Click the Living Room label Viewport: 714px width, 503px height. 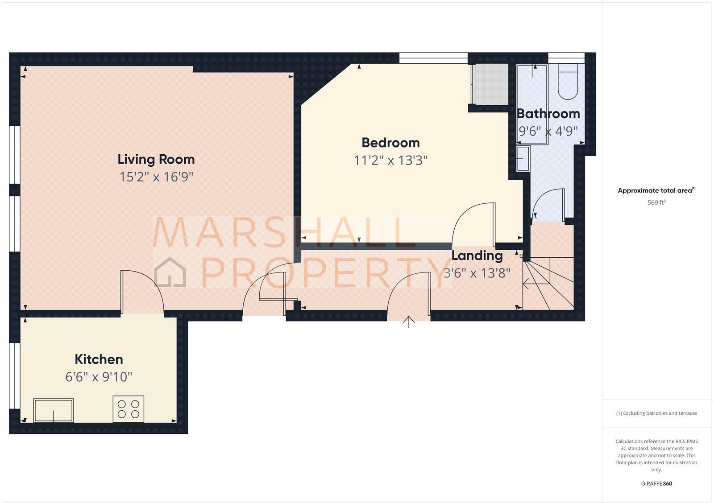[x=156, y=159]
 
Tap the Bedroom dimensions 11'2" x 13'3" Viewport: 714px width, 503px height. [x=390, y=160]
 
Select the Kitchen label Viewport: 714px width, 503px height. [x=99, y=359]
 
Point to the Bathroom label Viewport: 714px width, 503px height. [x=548, y=114]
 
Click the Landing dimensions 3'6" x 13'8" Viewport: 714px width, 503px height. [x=477, y=273]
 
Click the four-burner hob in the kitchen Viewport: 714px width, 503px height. [x=129, y=409]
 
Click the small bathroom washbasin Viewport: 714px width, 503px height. [x=523, y=159]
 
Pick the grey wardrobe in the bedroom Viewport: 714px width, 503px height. [x=490, y=84]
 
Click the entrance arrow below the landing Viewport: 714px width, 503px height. [x=409, y=322]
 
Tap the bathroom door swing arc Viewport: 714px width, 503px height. [x=548, y=203]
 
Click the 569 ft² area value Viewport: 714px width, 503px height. [x=656, y=202]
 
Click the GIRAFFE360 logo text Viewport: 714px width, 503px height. [x=656, y=483]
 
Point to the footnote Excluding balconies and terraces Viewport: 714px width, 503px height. [x=656, y=413]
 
